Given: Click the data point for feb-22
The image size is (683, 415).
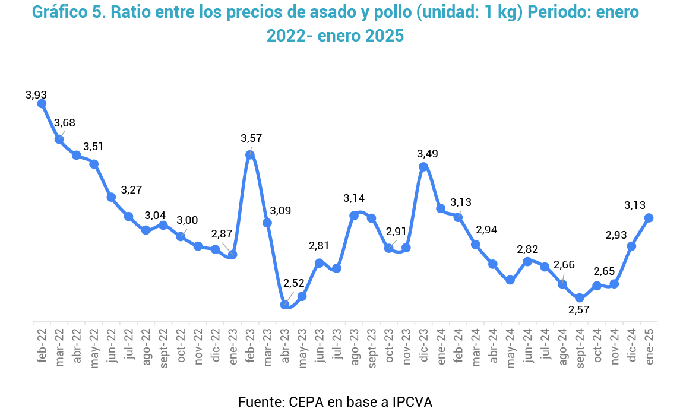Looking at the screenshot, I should [x=42, y=103].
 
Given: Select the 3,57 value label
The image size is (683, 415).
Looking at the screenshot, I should [x=251, y=138].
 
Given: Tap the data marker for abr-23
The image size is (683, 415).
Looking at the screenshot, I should [x=284, y=304].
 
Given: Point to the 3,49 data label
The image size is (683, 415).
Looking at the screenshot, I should [x=428, y=154].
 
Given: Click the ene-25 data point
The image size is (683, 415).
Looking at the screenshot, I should [x=649, y=218].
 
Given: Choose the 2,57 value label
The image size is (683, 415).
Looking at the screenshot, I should [x=579, y=310].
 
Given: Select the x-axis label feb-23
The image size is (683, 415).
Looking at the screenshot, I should [x=250, y=345].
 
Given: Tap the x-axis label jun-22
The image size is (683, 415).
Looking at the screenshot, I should [x=111, y=345].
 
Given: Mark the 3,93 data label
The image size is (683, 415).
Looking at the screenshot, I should [x=36, y=94].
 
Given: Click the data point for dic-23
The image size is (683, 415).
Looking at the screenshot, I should [x=423, y=167].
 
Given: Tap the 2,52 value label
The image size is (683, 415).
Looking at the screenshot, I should [x=293, y=283].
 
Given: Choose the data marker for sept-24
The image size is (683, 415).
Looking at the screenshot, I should [x=580, y=297].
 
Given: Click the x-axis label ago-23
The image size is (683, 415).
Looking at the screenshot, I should [x=354, y=345].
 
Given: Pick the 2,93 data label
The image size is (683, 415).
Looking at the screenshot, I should [x=616, y=235].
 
